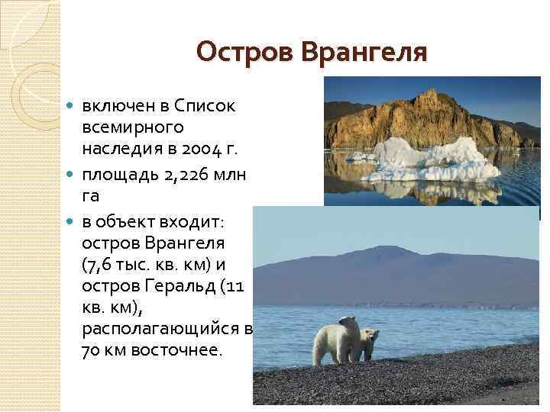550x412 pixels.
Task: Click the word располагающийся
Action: (x=157, y=333)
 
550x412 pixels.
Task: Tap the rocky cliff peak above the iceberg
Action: (x=435, y=95)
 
